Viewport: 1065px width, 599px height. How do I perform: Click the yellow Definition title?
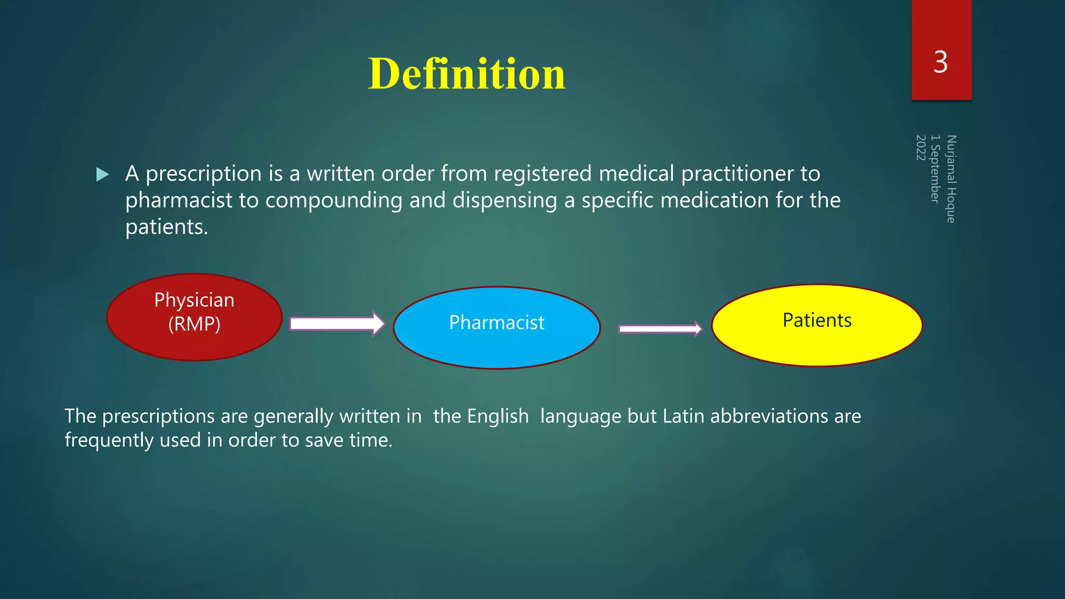(x=466, y=74)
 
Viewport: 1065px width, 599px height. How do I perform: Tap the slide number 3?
(x=941, y=62)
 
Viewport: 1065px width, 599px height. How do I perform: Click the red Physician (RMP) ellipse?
(x=194, y=317)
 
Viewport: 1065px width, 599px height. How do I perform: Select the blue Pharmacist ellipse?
(x=497, y=328)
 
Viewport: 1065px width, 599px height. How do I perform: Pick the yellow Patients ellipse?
(x=816, y=325)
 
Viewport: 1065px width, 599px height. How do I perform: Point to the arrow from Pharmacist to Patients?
(x=660, y=329)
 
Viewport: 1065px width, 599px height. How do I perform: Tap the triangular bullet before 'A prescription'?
(x=103, y=174)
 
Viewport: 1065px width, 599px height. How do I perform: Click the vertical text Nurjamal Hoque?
(x=951, y=179)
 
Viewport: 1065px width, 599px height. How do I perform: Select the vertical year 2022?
(x=920, y=148)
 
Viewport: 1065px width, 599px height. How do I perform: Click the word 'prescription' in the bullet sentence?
(x=203, y=174)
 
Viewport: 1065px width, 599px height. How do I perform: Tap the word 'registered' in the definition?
(x=542, y=174)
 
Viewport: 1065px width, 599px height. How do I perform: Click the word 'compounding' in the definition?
(x=333, y=200)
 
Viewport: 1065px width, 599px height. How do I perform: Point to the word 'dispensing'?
(x=504, y=200)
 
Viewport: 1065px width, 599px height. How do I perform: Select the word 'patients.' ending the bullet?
(x=166, y=227)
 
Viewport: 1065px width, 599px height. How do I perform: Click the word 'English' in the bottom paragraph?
(x=498, y=416)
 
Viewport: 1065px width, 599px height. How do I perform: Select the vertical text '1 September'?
(x=936, y=168)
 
